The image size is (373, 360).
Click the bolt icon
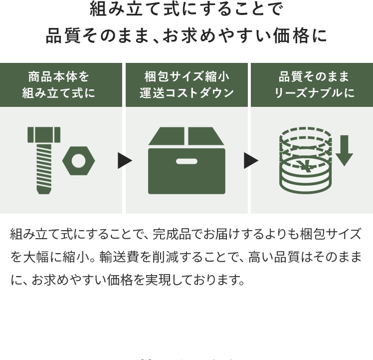44,160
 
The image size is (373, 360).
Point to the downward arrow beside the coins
344,150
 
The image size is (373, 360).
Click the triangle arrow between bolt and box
125,161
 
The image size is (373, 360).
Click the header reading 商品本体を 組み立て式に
61,85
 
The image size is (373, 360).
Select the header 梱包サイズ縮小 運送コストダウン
186,85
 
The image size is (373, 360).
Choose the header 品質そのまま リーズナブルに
312,85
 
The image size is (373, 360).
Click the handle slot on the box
186,161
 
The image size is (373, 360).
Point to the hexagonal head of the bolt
44,134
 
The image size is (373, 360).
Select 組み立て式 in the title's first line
125,9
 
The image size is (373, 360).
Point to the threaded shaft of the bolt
44,167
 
